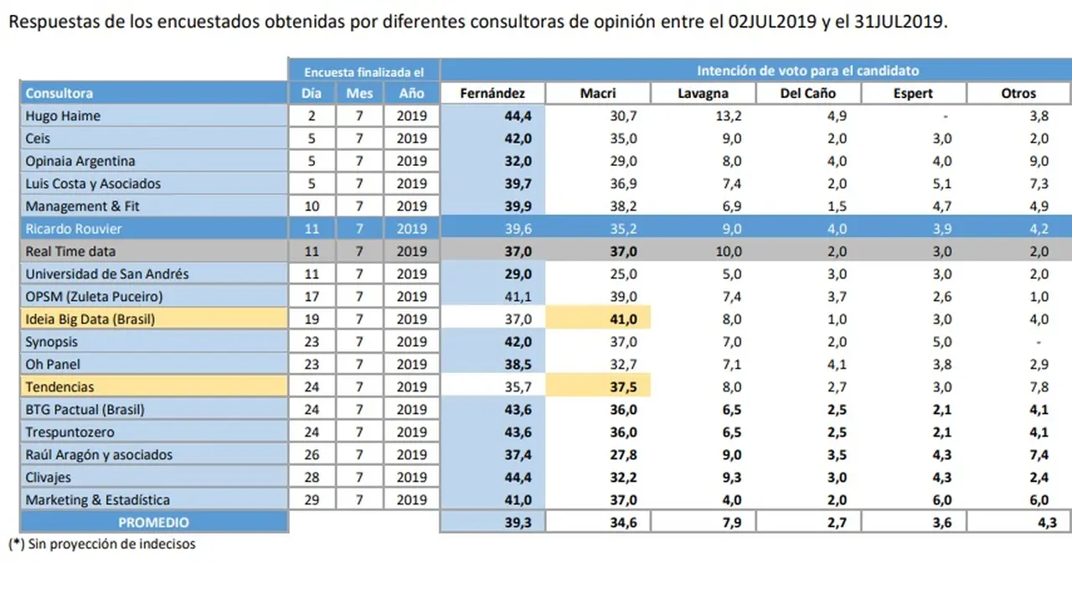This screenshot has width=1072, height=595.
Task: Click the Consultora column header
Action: point(59,93)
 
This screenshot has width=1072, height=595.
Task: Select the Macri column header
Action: point(598,93)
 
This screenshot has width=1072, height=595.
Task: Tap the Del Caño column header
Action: point(808,93)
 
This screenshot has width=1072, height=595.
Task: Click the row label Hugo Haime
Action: point(63,116)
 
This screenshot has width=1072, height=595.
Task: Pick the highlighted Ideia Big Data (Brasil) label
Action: point(90,319)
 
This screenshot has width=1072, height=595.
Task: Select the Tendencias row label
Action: point(59,387)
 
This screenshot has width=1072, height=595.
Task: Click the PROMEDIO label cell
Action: point(153,522)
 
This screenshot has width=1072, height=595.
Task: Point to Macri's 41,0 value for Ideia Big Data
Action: point(623,319)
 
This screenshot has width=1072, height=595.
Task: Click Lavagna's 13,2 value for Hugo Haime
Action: point(729,116)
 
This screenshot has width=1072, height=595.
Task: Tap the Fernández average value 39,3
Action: point(518,522)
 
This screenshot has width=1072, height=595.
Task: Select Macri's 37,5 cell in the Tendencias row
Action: point(623,387)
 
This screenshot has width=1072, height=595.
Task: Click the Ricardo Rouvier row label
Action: point(73,229)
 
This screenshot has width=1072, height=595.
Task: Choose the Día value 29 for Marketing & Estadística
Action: point(312,499)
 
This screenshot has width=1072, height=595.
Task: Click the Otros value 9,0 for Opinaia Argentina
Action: point(1039,161)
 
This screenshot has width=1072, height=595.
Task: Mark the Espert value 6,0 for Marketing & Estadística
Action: point(942,499)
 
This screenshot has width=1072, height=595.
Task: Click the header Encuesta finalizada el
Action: point(363,72)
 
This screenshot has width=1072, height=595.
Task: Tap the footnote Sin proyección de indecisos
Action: point(111,544)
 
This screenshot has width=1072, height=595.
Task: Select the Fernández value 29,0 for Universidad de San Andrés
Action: point(518,274)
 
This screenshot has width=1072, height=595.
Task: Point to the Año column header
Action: point(411,93)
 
